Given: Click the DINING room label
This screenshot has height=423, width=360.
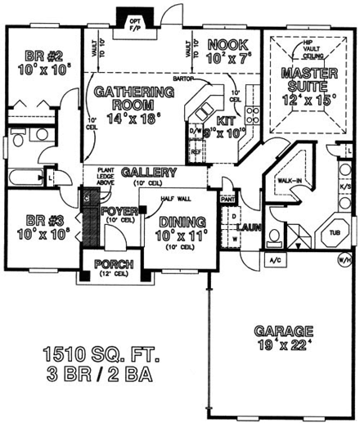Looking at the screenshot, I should (182, 221).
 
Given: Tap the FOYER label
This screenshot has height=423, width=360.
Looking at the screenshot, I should (119, 212).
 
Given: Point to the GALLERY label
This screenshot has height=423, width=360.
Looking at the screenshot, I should (148, 172).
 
